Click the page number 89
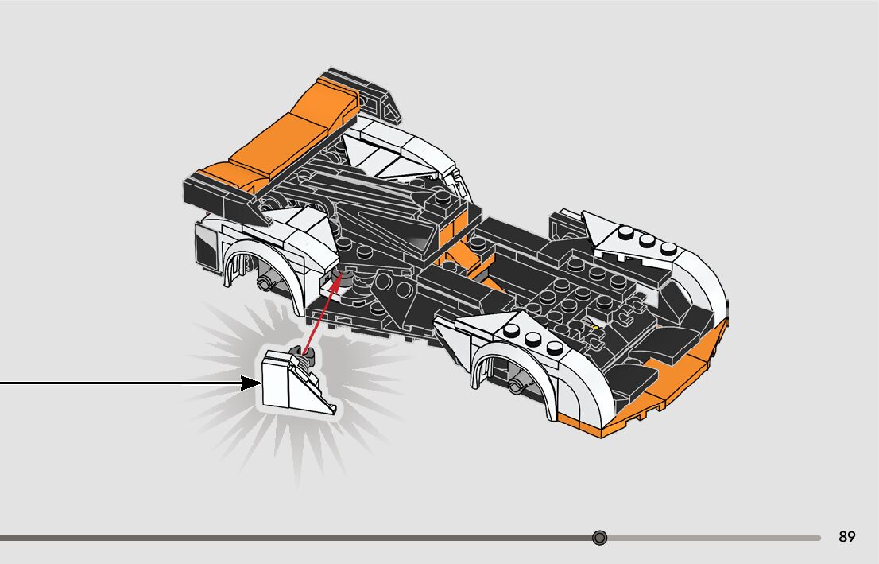tap(846, 537)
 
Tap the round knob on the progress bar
tap(600, 538)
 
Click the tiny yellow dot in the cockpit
tap(596, 326)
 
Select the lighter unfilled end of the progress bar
tap(715, 538)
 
